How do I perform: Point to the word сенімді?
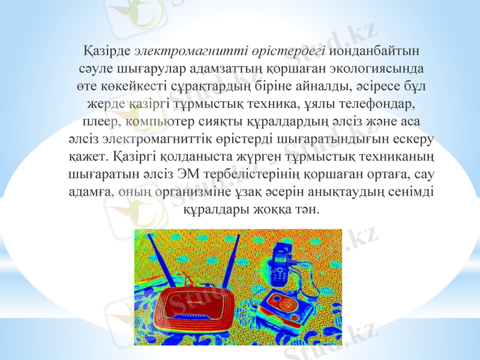point(415,193)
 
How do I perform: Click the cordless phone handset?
point(279,264)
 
